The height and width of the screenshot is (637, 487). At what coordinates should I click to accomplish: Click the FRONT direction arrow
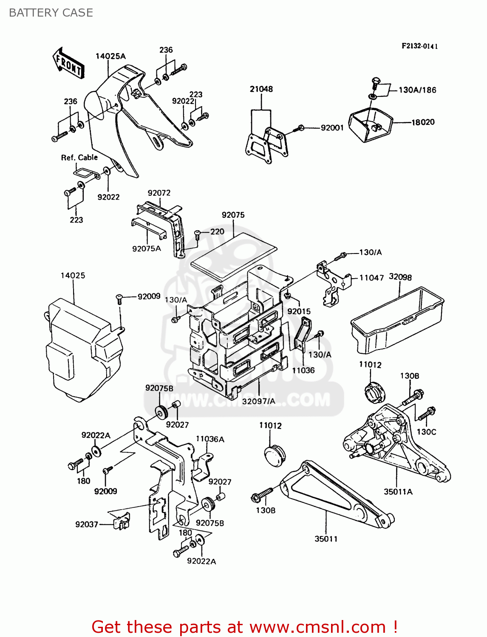(68, 63)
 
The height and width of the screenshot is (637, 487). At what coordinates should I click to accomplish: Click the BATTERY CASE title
(51, 13)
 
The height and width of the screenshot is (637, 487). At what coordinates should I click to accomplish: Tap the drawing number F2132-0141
(419, 46)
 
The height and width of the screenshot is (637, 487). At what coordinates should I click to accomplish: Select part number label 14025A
(110, 56)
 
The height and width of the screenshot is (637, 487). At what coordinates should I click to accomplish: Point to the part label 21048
(261, 89)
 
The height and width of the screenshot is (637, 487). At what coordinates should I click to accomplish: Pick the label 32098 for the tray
(400, 277)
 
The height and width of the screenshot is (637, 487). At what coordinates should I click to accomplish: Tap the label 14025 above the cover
(73, 276)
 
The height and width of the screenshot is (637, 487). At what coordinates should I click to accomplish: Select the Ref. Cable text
(79, 158)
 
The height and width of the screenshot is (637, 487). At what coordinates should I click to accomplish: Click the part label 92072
(159, 193)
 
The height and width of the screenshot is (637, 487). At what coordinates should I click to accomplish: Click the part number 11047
(371, 278)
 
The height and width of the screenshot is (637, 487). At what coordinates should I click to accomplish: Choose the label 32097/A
(258, 401)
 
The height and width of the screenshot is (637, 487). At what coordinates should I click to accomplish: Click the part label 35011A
(398, 492)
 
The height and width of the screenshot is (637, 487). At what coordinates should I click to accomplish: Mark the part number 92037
(87, 524)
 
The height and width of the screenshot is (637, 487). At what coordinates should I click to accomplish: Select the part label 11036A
(210, 439)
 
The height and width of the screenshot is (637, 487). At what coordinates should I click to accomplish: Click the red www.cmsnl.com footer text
(244, 627)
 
